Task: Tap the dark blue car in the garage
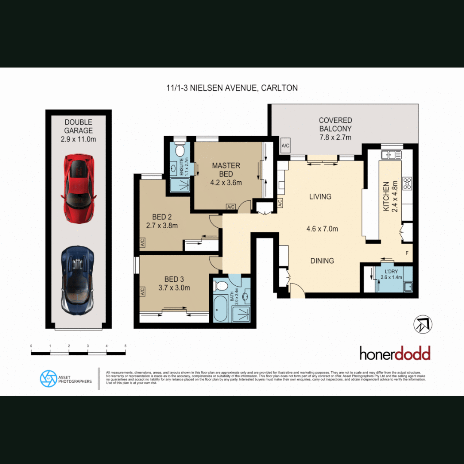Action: click(78, 280)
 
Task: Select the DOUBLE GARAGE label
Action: click(78, 126)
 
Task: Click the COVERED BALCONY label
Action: click(335, 128)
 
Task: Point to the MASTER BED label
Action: click(226, 170)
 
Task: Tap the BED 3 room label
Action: click(174, 278)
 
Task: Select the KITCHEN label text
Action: click(386, 196)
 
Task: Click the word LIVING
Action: click(320, 196)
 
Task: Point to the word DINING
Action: click(322, 260)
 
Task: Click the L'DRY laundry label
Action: click(391, 272)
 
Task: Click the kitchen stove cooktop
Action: click(406, 184)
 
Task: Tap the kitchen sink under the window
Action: click(391, 154)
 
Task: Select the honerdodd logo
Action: click(394, 354)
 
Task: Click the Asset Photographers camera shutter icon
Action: click(48, 379)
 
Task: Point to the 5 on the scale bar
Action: click(125, 346)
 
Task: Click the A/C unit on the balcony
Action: click(285, 146)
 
